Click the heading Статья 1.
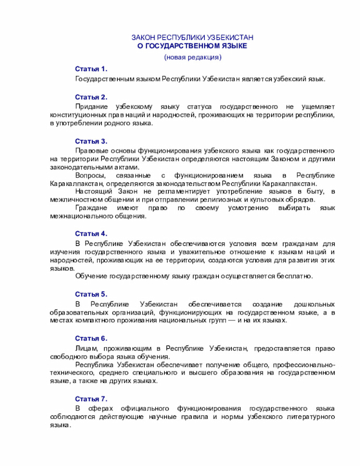(x=91, y=68)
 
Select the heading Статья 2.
(x=91, y=97)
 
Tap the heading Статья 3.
(x=91, y=141)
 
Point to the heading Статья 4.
(x=91, y=233)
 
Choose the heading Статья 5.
(x=91, y=294)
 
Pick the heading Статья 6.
(x=91, y=338)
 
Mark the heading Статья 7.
(x=91, y=398)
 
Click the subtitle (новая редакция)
(x=192, y=57)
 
